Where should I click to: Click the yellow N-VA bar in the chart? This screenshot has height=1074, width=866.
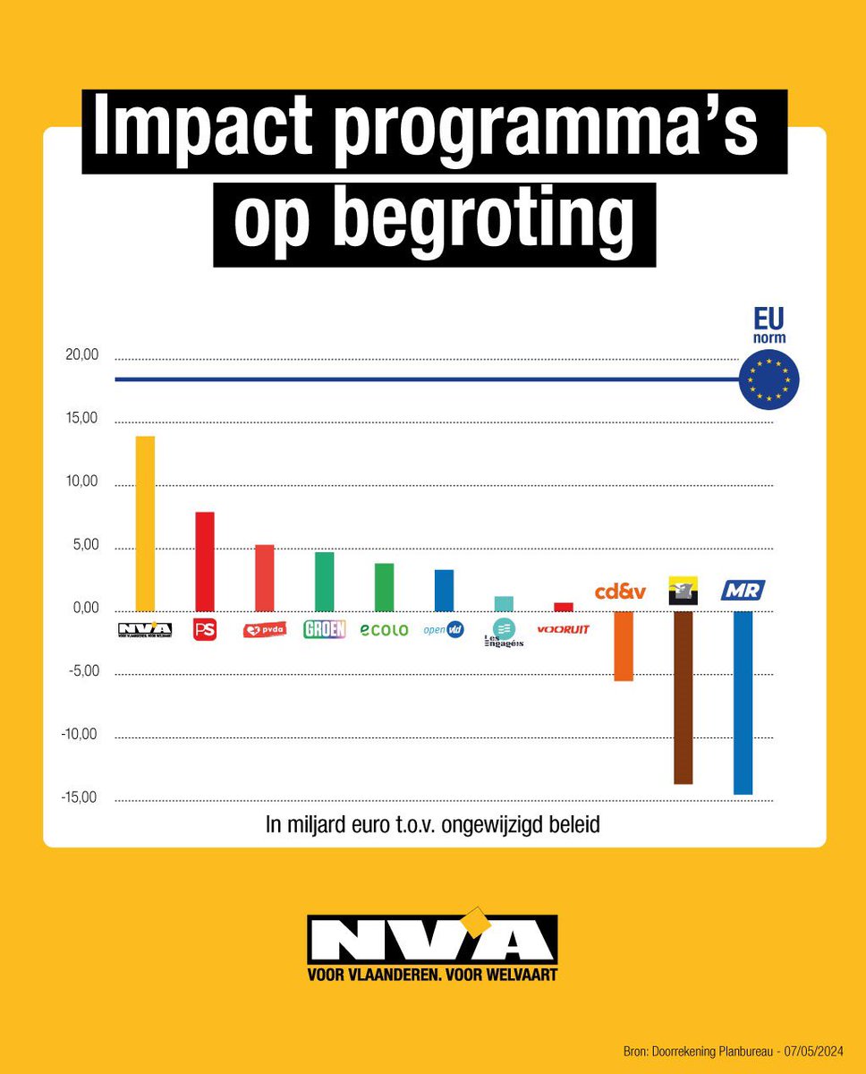pos(144,524)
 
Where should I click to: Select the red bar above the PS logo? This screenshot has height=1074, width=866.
pos(204,561)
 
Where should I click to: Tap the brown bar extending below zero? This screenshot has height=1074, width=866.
pos(683,697)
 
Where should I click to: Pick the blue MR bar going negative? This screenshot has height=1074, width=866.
pos(743,703)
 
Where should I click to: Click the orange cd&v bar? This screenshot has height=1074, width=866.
pos(624,646)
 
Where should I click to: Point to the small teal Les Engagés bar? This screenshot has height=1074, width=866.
pos(504,603)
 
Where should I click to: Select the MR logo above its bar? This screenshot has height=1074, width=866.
pos(743,591)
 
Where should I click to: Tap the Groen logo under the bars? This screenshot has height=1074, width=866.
pos(324,629)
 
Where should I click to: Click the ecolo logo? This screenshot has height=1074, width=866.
pos(384,630)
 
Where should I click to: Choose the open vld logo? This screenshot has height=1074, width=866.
pos(444,630)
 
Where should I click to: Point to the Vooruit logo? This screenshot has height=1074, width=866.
pos(563,629)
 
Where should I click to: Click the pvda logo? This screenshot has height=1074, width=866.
pos(264,630)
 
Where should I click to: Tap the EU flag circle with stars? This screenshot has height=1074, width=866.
pos(769,379)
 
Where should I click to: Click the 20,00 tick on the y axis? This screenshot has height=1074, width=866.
pos(81,355)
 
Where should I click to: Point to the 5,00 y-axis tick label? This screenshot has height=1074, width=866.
pos(84,546)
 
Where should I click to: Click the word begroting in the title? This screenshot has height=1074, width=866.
pos(434,222)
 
